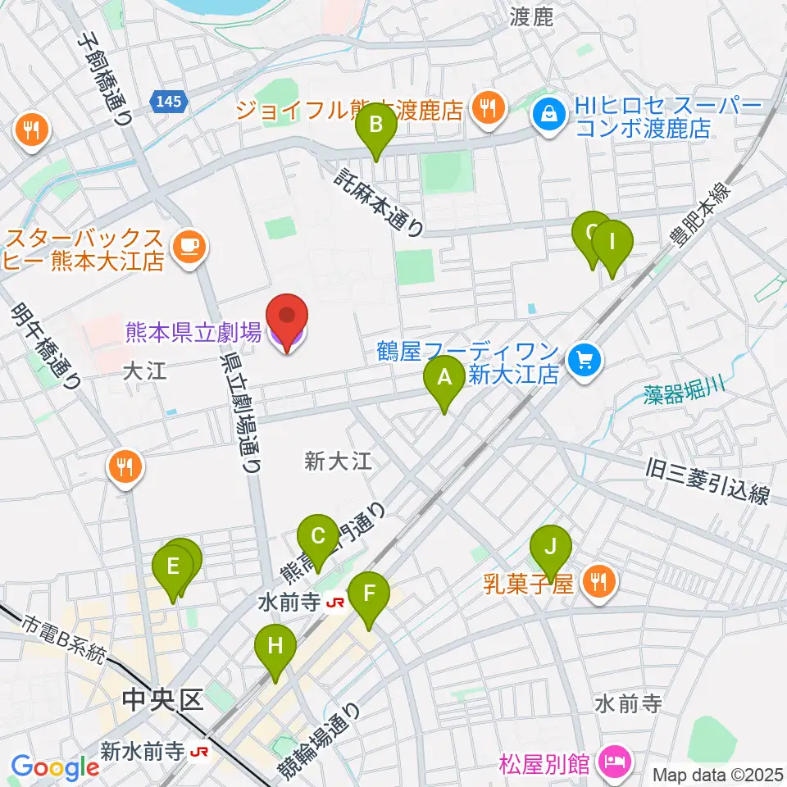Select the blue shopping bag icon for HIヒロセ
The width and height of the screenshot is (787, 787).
click(x=547, y=112)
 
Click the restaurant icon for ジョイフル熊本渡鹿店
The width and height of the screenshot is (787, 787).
click(x=489, y=107)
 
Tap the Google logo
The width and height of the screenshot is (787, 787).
click(x=54, y=767)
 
